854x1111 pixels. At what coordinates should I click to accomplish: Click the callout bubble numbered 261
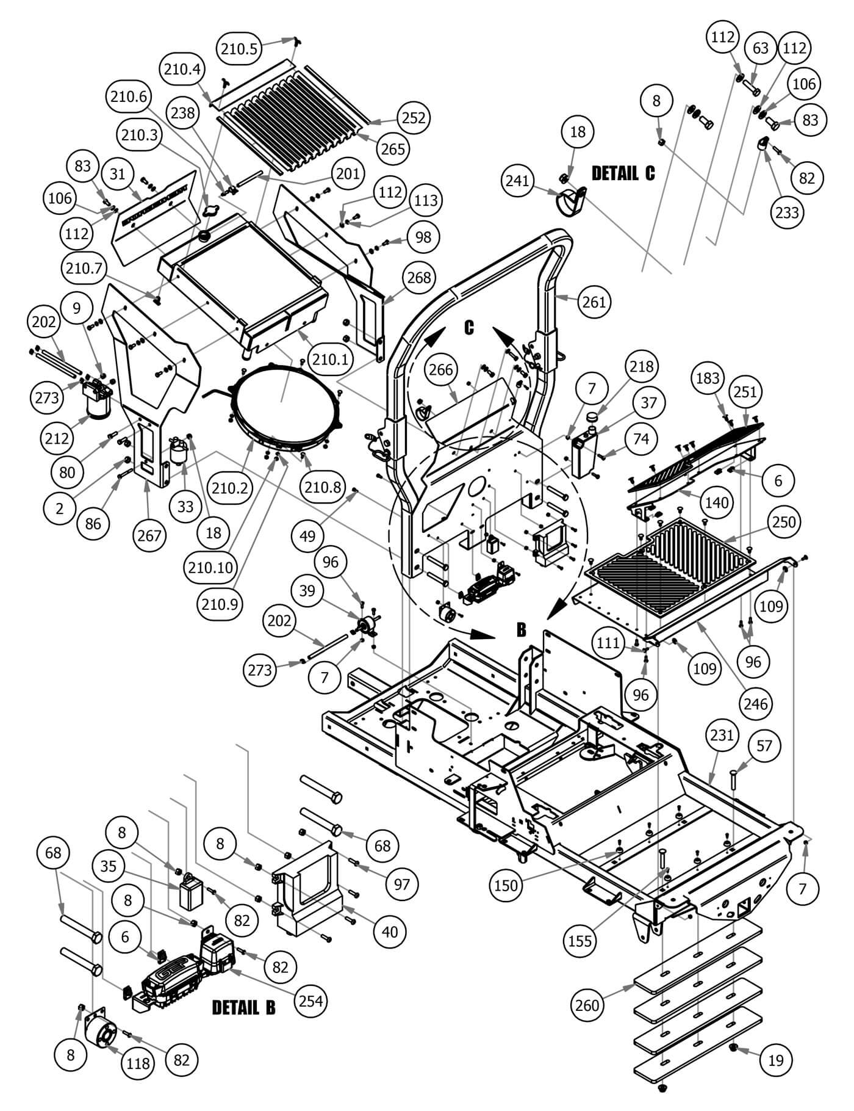point(594,301)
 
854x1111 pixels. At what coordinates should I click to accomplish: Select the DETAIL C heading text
point(623,173)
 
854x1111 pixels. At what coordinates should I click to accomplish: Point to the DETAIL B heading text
point(243,1007)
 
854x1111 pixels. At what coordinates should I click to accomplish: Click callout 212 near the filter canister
point(57,438)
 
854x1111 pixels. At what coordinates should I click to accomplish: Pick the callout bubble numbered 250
point(784,522)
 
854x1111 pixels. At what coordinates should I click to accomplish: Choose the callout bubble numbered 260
point(587,1004)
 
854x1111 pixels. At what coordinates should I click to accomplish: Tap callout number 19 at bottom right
point(776,1060)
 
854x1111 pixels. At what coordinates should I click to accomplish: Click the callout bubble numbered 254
point(311,1001)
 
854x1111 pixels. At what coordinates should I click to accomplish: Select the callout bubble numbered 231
point(722,735)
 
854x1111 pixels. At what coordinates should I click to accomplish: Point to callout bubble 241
point(518,181)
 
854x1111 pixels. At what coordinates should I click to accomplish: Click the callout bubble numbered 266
point(441,369)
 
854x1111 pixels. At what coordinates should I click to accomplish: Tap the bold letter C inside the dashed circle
point(468,328)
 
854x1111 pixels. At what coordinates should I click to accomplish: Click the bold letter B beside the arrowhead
point(522,630)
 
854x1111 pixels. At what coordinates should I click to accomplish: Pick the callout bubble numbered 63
point(761,48)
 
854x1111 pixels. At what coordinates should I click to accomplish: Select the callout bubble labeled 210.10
point(210,568)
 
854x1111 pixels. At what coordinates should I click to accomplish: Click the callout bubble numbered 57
point(764,745)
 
